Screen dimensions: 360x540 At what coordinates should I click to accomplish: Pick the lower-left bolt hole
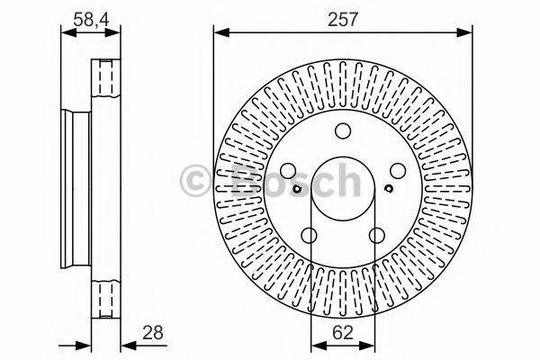tap(310, 235)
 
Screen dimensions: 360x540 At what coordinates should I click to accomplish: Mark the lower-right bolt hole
tap(378, 235)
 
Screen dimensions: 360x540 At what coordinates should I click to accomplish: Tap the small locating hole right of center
tap(388, 189)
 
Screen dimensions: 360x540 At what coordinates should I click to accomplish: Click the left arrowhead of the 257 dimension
tap(219, 33)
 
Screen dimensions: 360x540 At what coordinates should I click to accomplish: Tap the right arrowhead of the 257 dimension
tap(468, 33)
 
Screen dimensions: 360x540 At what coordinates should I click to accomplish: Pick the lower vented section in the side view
tap(107, 300)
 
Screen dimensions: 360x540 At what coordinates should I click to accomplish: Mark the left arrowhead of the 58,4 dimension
tap(66, 33)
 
